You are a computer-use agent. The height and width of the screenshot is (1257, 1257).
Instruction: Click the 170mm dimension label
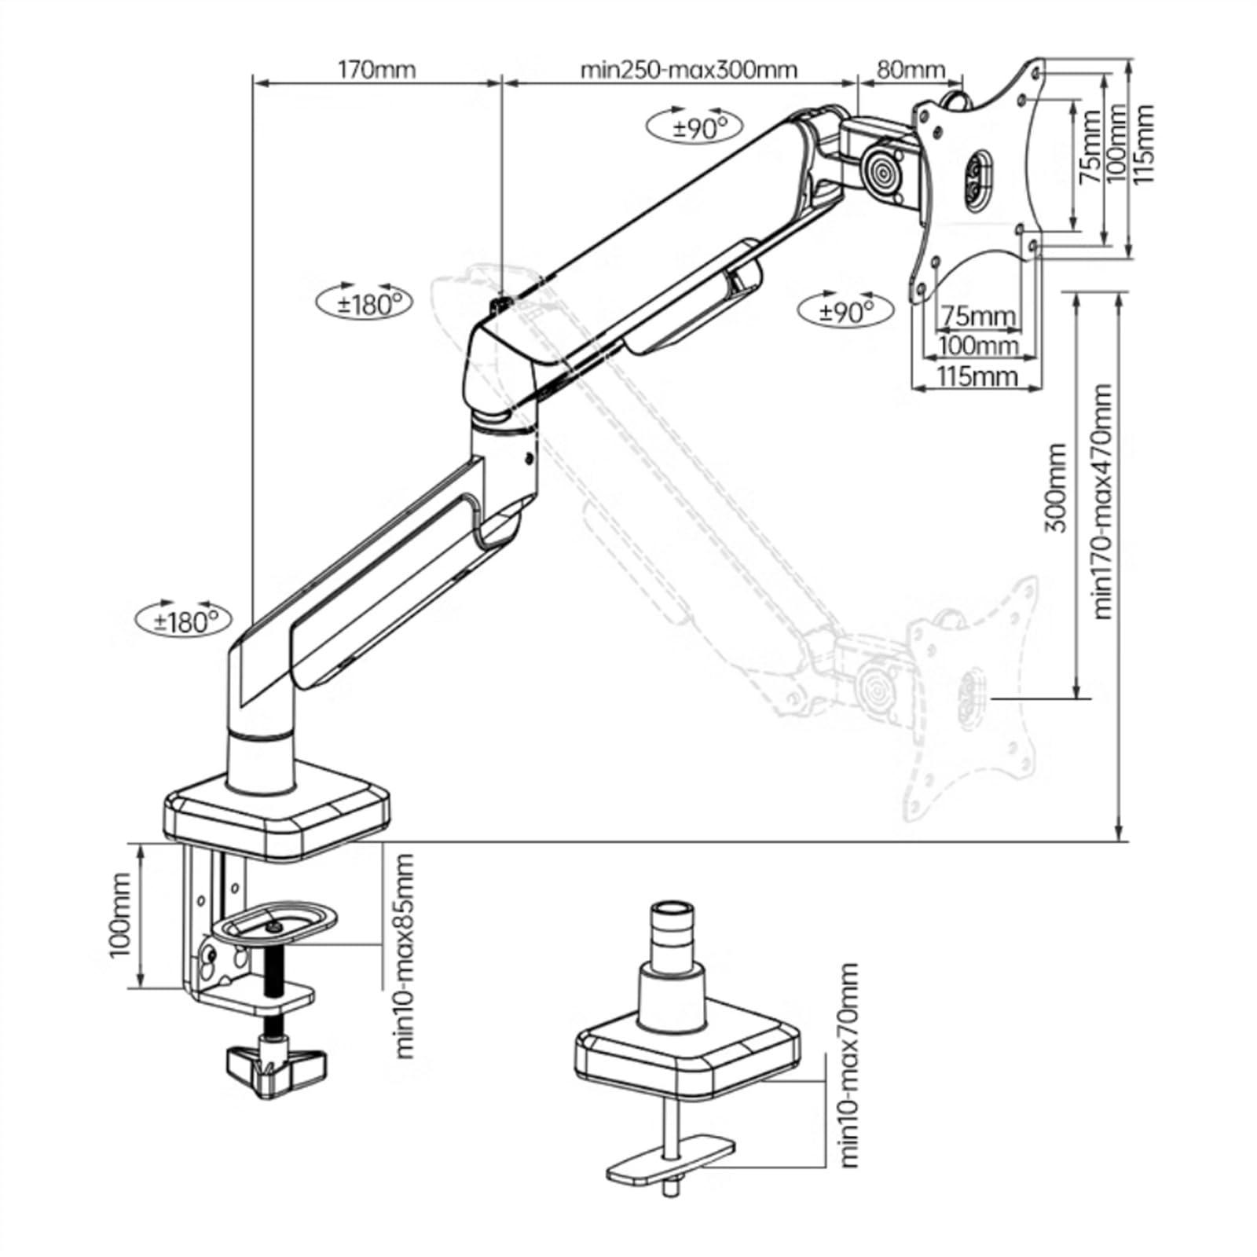[376, 69]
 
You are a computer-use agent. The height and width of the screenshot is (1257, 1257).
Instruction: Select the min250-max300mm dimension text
[689, 69]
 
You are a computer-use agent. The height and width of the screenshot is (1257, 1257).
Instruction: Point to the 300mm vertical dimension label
[1057, 488]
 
